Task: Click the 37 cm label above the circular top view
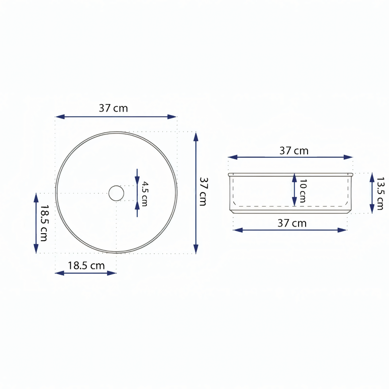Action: point(113,108)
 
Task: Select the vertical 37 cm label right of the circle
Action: point(203,191)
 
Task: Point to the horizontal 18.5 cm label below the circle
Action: point(86,266)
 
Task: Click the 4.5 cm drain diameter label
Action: point(144,193)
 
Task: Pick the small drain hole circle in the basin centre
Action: point(116,193)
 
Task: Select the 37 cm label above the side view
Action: point(294,150)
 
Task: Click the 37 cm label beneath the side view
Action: point(292,223)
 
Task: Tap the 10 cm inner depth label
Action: point(302,191)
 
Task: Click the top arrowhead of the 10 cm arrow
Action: point(295,176)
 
